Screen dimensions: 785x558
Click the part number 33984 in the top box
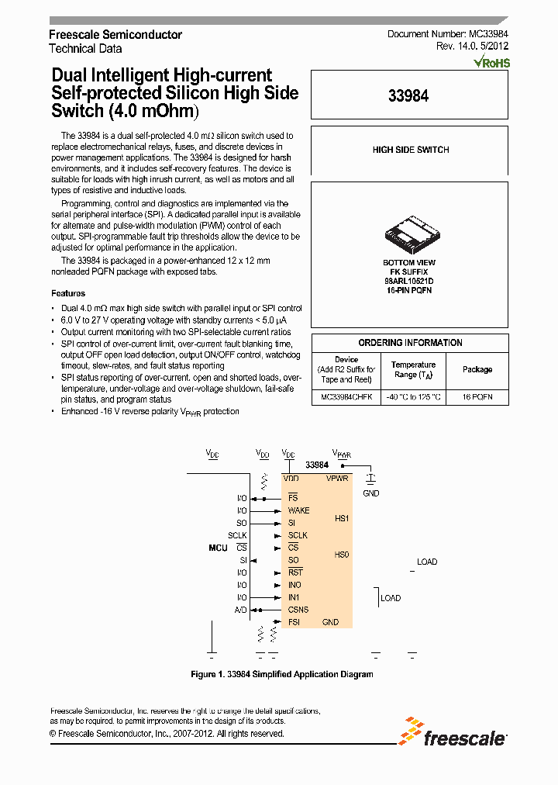[x=408, y=95]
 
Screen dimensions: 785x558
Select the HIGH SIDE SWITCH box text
[x=410, y=150]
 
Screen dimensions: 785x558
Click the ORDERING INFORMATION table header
[x=410, y=343]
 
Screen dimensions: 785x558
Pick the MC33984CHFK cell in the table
[x=346, y=396]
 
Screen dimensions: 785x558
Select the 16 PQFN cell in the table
[x=477, y=396]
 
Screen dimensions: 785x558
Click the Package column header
[x=477, y=369]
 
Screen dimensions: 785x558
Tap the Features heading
[x=68, y=293]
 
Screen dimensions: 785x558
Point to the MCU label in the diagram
[x=218, y=548]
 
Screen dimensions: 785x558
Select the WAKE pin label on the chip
[x=298, y=510]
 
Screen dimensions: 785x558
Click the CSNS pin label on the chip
[x=298, y=610]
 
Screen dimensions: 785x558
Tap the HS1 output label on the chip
[x=342, y=517]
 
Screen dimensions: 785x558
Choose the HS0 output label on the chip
[x=342, y=554]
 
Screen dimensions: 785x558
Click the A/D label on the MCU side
[x=241, y=610]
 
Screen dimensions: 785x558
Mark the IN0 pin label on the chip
[x=294, y=585]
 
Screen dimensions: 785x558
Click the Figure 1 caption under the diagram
[x=281, y=674]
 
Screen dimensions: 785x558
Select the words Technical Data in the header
[x=85, y=48]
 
